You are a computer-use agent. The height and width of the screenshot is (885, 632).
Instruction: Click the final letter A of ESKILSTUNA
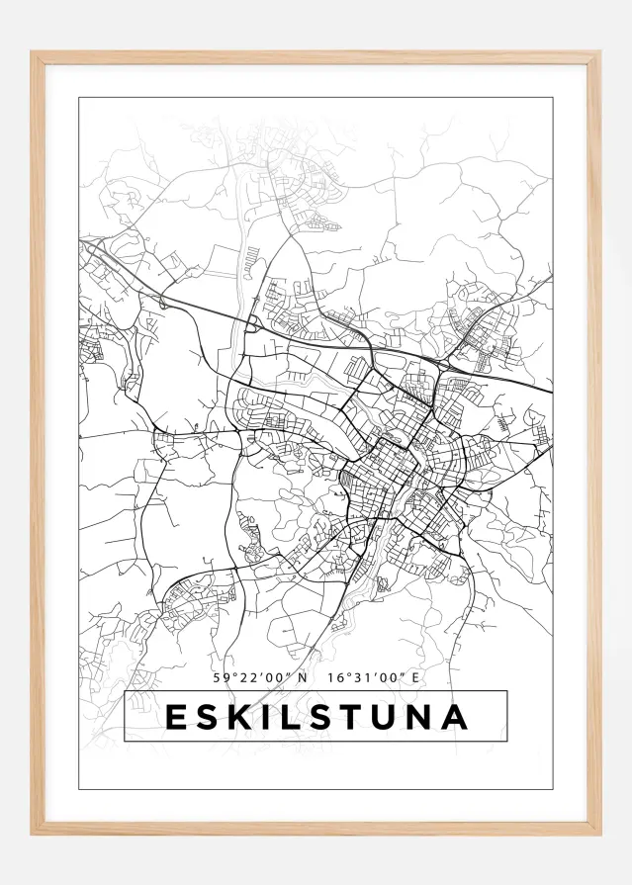(x=456, y=717)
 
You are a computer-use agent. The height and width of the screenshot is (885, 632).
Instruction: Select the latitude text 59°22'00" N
(x=261, y=677)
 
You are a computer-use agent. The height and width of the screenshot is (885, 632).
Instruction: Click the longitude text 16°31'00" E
(x=372, y=677)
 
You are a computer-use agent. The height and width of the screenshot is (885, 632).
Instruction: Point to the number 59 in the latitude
(x=222, y=677)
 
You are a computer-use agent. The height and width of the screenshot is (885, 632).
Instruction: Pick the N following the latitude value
(x=304, y=677)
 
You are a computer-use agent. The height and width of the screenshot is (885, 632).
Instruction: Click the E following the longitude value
(x=415, y=677)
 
